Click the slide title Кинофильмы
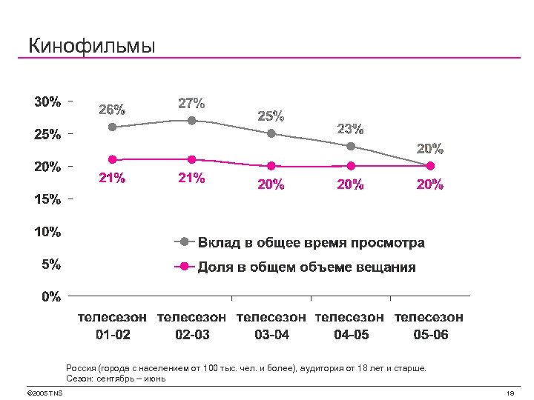[x=92, y=46]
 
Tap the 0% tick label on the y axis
[x=51, y=297]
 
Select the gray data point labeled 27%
[x=192, y=120]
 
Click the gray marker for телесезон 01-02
[x=113, y=127]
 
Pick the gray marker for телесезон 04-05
[x=351, y=146]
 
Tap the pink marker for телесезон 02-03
[x=192, y=159]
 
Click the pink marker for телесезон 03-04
[x=271, y=165]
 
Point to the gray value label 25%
[x=271, y=116]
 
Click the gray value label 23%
[x=350, y=129]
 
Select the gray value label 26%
[x=113, y=109]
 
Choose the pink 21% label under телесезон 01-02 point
[x=113, y=178]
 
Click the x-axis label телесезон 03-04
[x=271, y=325]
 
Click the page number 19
[x=509, y=393]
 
